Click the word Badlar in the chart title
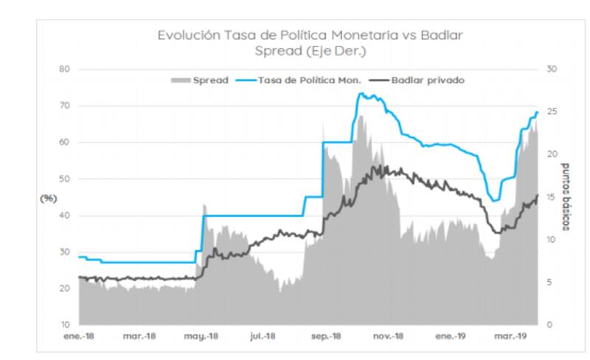[x=443, y=35]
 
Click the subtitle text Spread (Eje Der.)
[x=310, y=51]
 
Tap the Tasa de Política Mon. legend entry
[x=308, y=80]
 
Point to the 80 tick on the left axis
[x=64, y=69]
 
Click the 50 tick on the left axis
[x=64, y=179]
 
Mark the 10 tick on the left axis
[x=64, y=325]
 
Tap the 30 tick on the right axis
[x=551, y=69]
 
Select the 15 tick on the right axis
[x=551, y=197]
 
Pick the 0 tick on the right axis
[x=549, y=325]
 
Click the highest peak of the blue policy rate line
[x=360, y=93]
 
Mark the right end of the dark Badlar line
[x=538, y=195]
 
